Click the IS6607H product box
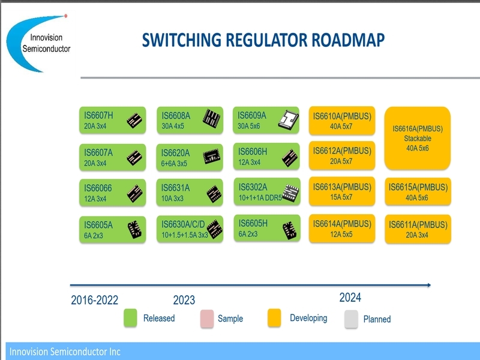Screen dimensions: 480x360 click(x=112, y=120)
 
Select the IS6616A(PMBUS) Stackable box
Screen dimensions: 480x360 click(x=418, y=138)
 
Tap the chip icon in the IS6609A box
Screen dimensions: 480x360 click(x=288, y=119)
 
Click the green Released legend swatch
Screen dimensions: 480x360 click(x=130, y=318)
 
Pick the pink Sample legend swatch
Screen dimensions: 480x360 click(x=207, y=319)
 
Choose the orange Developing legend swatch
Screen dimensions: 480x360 click(x=274, y=318)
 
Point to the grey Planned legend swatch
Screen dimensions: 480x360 click(x=351, y=319)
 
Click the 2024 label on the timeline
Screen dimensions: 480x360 click(x=350, y=298)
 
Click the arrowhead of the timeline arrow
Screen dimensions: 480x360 click(x=429, y=285)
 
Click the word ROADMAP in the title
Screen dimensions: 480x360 click(x=348, y=40)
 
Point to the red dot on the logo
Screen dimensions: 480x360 click(x=66, y=16)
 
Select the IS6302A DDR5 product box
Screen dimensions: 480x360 click(x=267, y=191)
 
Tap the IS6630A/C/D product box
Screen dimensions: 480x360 click(x=190, y=229)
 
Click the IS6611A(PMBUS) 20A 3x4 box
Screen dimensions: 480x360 click(x=418, y=229)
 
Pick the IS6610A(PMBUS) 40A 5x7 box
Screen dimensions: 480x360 click(x=342, y=121)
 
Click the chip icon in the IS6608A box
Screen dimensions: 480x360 click(x=212, y=118)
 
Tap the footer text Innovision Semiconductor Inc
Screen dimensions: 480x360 click(x=65, y=352)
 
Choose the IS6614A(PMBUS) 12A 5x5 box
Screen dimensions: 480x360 click(x=342, y=229)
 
